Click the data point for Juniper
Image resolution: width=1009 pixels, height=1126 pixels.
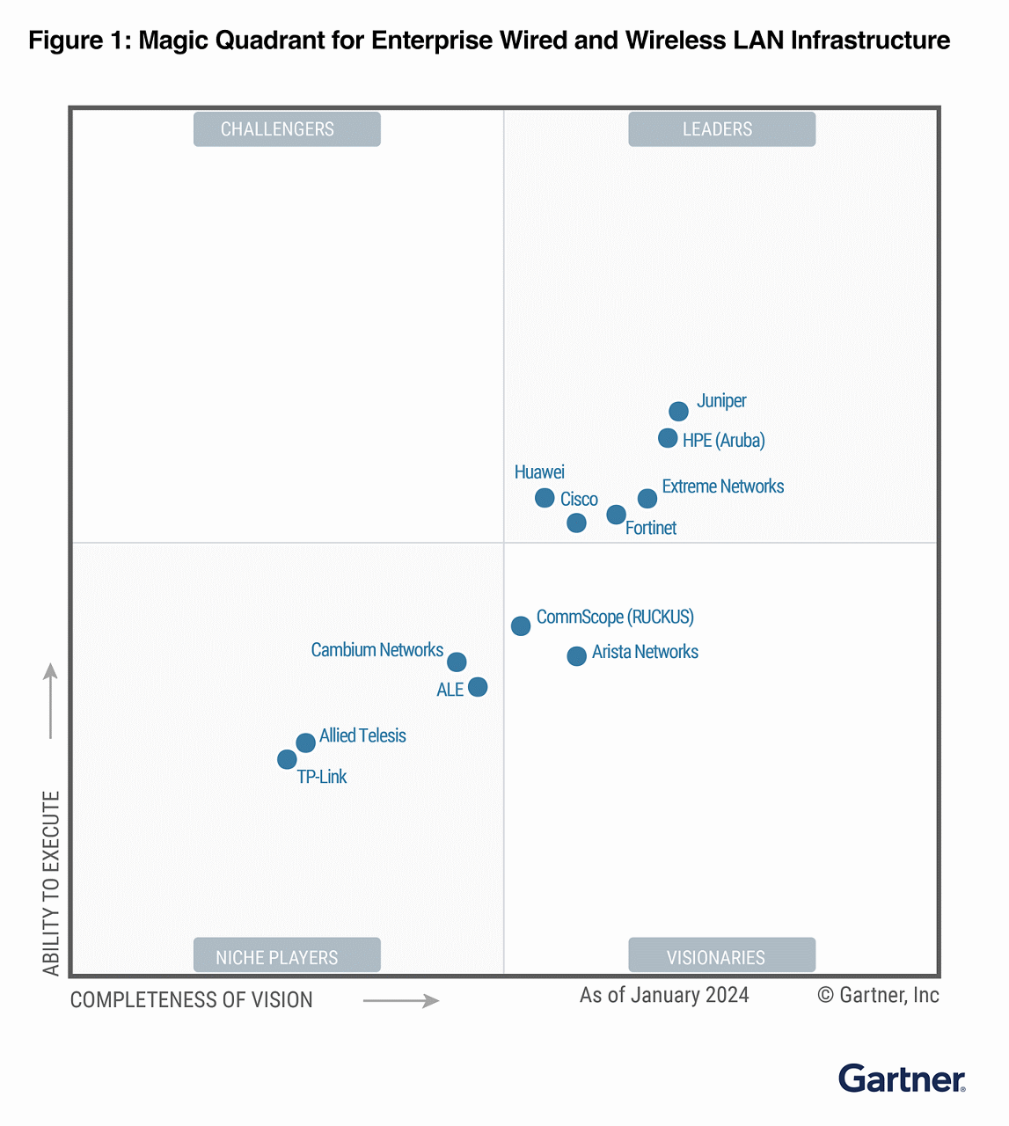click(x=678, y=411)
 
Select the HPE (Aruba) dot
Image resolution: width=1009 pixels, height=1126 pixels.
click(x=668, y=437)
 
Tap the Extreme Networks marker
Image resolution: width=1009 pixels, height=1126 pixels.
click(x=647, y=498)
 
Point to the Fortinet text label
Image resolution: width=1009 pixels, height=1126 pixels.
click(x=651, y=528)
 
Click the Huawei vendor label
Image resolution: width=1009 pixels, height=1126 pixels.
click(x=539, y=472)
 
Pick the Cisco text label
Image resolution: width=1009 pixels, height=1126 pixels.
click(x=579, y=500)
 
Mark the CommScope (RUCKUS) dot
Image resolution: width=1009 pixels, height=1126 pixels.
click(x=521, y=625)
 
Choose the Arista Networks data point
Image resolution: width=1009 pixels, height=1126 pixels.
click(x=576, y=655)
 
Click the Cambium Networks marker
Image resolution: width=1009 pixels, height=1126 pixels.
click(x=457, y=662)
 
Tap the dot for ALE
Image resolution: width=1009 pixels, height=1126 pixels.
click(x=478, y=686)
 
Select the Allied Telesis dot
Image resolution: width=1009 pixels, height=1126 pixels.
click(x=305, y=742)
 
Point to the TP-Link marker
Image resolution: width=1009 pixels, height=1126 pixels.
click(x=287, y=758)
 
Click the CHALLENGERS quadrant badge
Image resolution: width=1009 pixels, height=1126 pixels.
click(x=287, y=129)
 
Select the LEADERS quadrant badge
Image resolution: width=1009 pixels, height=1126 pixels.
click(x=721, y=129)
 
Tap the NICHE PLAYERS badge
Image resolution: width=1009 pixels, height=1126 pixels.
click(x=287, y=956)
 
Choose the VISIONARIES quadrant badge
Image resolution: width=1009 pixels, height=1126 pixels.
click(x=721, y=956)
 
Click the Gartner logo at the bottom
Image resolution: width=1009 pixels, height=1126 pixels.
click(x=902, y=1078)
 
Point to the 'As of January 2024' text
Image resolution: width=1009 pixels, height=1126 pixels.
click(x=664, y=995)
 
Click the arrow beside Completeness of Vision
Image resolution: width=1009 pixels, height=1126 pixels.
click(x=401, y=1000)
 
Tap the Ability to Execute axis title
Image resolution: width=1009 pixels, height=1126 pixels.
click(x=51, y=882)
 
